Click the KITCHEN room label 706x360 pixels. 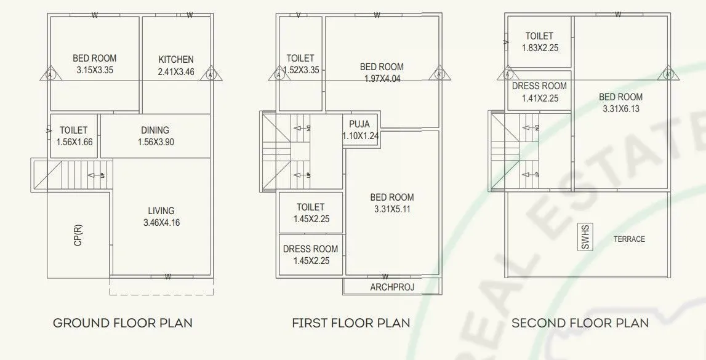pos(176,60)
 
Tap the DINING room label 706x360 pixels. pos(155,130)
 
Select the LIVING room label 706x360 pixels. pos(161,210)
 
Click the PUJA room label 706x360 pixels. pos(359,124)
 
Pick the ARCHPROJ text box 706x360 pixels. pos(392,287)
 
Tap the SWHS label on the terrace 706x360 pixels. pos(584,237)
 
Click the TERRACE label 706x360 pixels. pos(629,239)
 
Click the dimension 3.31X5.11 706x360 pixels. pos(392,209)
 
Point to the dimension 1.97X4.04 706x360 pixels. pos(382,78)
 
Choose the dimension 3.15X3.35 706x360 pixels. pos(95,70)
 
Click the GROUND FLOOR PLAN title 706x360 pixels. pos(123,322)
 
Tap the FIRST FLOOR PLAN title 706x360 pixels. pos(351,322)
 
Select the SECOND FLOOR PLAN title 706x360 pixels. pos(580,322)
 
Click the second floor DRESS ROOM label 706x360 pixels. pos(539,86)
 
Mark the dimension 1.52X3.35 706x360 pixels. pos(300,70)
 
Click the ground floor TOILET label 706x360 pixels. pos(73,130)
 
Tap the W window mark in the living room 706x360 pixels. pos(167,277)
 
